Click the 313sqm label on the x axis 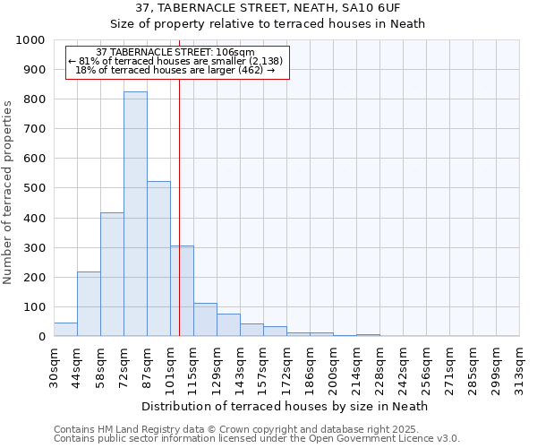click(x=520, y=366)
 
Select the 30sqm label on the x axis click(x=55, y=366)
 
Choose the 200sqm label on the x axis click(x=334, y=366)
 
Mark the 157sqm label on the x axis click(x=264, y=366)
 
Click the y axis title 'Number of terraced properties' click(x=8, y=192)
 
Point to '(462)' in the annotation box click(x=246, y=70)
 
